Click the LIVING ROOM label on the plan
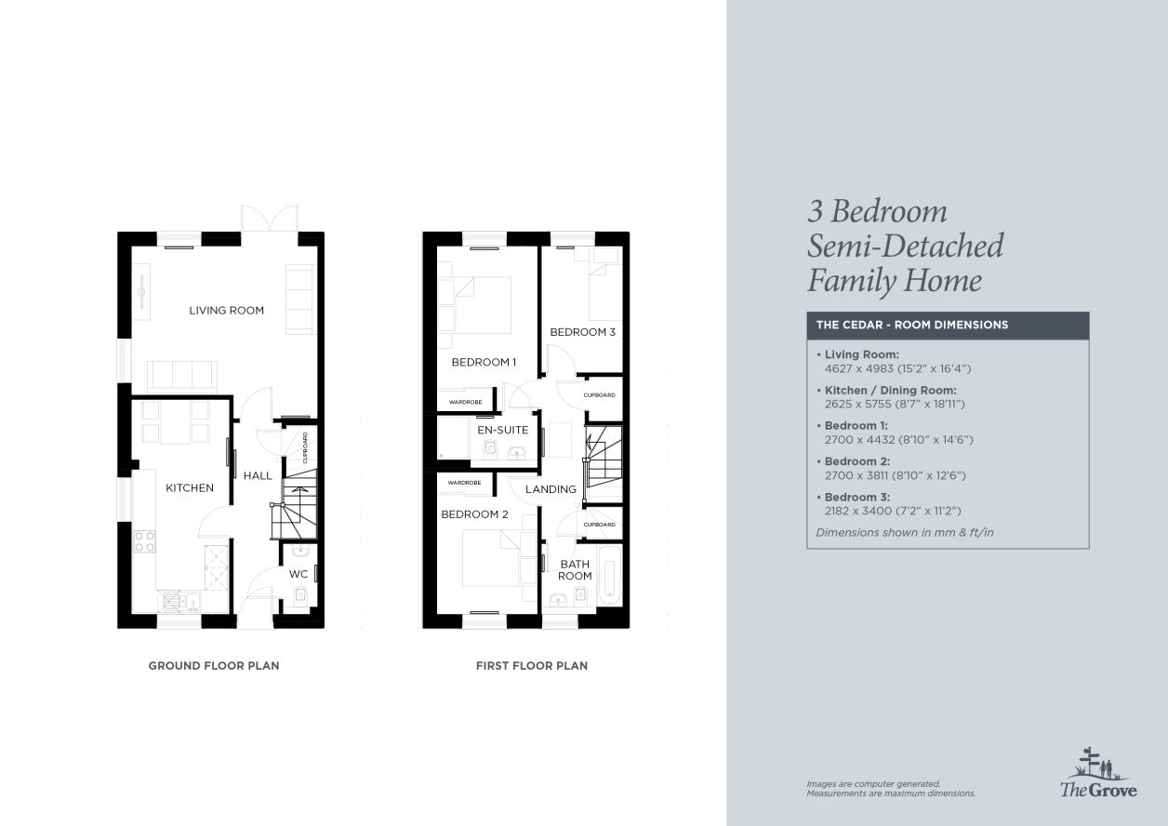(226, 311)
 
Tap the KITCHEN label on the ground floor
(190, 487)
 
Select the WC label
(299, 574)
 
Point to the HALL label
(258, 475)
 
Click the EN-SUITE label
(503, 430)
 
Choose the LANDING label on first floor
(551, 489)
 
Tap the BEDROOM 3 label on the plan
(582, 332)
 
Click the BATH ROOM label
(575, 570)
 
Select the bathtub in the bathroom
(609, 575)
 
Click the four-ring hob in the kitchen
(144, 540)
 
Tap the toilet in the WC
(300, 595)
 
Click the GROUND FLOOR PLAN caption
(214, 665)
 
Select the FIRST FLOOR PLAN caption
(532, 665)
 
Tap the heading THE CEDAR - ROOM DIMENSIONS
(912, 325)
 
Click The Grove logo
(1098, 773)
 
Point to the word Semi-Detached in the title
(906, 246)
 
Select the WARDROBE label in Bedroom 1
(465, 402)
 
